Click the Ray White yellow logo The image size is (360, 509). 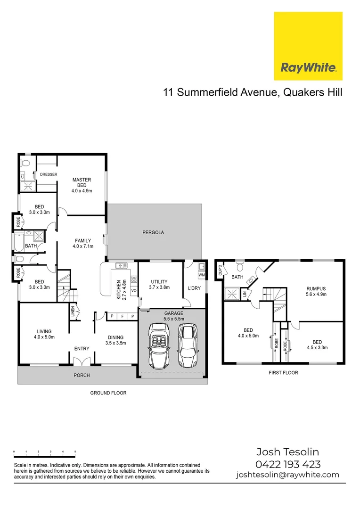coord(308,46)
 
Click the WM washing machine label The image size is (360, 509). coord(202,275)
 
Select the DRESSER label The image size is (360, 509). coord(48,174)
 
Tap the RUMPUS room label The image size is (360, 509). coord(316,289)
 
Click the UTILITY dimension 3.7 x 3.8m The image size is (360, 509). coord(159,287)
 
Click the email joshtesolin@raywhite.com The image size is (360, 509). coord(287,475)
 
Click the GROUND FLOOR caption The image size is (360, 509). coord(108,393)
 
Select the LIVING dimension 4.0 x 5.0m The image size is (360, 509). coord(45,337)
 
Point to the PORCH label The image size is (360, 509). coord(81,375)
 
